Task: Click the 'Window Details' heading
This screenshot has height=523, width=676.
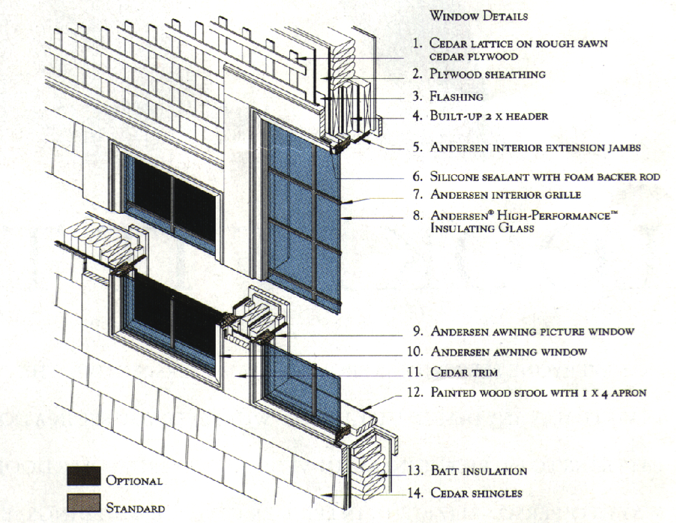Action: [x=479, y=15]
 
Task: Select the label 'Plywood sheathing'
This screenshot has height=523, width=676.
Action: [x=487, y=74]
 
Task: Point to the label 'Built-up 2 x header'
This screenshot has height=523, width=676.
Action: [x=489, y=116]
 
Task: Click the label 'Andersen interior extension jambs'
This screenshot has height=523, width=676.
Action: [x=535, y=147]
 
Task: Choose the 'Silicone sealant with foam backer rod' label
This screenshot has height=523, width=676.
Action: [x=545, y=176]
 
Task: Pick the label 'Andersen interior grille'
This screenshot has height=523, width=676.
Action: [x=505, y=195]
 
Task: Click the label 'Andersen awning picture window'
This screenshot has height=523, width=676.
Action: [x=532, y=332]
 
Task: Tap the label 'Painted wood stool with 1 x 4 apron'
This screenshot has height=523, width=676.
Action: [x=538, y=393]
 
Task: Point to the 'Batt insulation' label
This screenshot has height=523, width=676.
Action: [x=479, y=471]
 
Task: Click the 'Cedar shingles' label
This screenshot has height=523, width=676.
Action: [x=477, y=493]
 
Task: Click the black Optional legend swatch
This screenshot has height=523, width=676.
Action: [x=84, y=476]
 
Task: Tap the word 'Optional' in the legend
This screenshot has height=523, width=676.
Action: [x=134, y=480]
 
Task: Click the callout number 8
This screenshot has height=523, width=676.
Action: [x=417, y=215]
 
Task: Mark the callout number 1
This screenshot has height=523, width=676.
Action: [x=417, y=44]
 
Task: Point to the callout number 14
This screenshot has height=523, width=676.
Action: [x=415, y=493]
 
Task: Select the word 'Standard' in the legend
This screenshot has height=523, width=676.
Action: [x=135, y=508]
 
